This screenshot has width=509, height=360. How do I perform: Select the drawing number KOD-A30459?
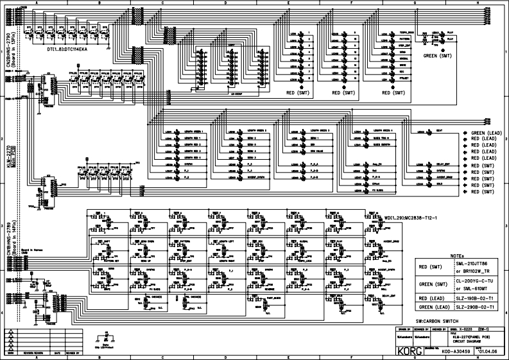(x=453, y=352)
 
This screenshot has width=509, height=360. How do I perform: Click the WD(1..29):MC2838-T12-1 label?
(x=411, y=218)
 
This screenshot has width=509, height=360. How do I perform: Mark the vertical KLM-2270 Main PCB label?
(x=8, y=157)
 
